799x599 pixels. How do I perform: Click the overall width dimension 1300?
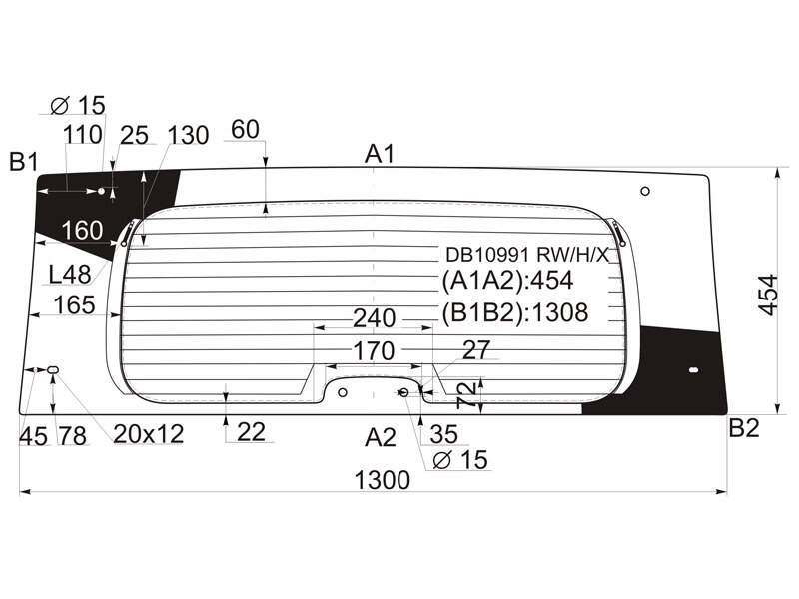(382, 480)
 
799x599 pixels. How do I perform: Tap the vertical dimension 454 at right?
(768, 295)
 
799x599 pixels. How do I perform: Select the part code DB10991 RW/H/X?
(527, 254)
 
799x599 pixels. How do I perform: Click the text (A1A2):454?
(507, 281)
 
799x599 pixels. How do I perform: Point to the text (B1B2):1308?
(514, 312)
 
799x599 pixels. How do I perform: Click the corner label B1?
(24, 162)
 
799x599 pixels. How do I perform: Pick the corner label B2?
(744, 428)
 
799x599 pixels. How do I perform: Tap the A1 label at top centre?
(380, 154)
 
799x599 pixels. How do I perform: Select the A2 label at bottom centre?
(381, 437)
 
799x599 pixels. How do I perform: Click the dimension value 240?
(374, 318)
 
